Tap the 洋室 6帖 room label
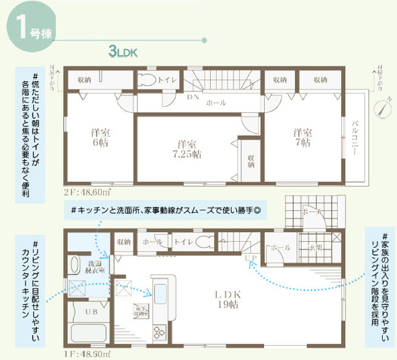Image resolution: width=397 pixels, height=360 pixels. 100,138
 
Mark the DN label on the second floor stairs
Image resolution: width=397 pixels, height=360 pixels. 193,97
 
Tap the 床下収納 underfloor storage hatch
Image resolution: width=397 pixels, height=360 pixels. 139,310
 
